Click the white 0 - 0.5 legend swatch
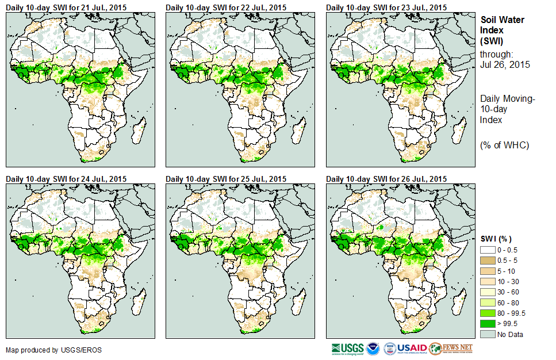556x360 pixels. (488, 250)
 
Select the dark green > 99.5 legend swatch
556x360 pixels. (488, 323)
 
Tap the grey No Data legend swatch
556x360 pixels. (488, 334)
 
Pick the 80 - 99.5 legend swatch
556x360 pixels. (488, 313)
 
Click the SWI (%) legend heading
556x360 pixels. (496, 239)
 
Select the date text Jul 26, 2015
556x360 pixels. (505, 64)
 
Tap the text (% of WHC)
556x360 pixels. (504, 144)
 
